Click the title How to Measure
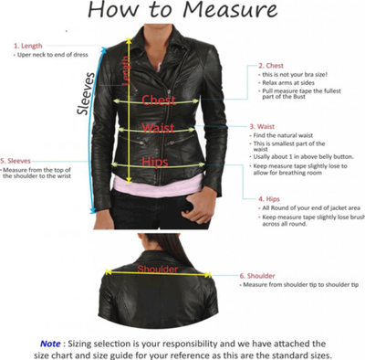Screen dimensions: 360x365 [182, 12]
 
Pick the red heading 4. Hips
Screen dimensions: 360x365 [271, 197]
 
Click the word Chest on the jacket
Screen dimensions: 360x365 [159, 99]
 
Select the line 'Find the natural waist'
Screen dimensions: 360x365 [287, 135]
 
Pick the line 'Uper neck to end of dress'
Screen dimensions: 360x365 [53, 55]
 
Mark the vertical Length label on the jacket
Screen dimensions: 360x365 [126, 73]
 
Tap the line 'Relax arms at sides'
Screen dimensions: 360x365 [289, 85]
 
